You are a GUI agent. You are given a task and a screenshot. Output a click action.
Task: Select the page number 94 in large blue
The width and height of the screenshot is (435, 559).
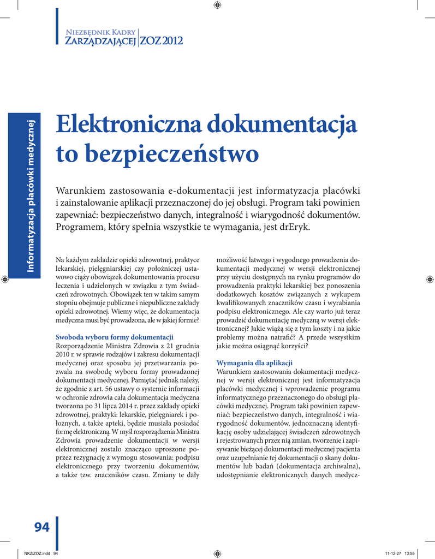41,527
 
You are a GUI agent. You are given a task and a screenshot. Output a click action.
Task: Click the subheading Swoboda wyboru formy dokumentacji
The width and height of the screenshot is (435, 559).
115,336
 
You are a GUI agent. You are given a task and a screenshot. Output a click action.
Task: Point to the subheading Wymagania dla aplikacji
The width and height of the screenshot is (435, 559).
254,363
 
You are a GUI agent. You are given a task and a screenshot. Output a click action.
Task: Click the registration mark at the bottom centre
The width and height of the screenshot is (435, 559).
217,553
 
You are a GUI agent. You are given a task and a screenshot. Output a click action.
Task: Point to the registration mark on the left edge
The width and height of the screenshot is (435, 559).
5,279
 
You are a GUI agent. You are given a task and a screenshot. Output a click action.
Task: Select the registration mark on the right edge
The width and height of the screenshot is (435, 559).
430,279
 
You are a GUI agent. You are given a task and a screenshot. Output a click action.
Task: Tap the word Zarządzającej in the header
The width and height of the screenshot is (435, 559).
100,41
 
